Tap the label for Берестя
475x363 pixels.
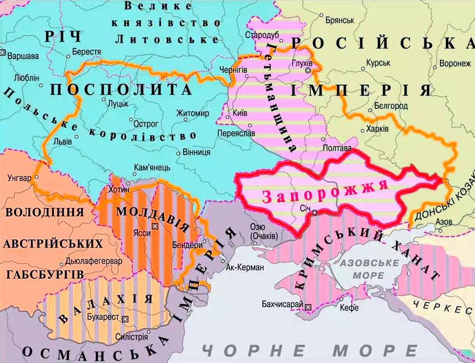coord(86,52)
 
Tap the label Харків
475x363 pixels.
coord(378,129)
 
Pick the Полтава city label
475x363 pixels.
coord(337,148)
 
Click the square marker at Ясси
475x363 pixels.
coord(155,226)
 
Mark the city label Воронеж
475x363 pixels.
coord(455,64)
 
